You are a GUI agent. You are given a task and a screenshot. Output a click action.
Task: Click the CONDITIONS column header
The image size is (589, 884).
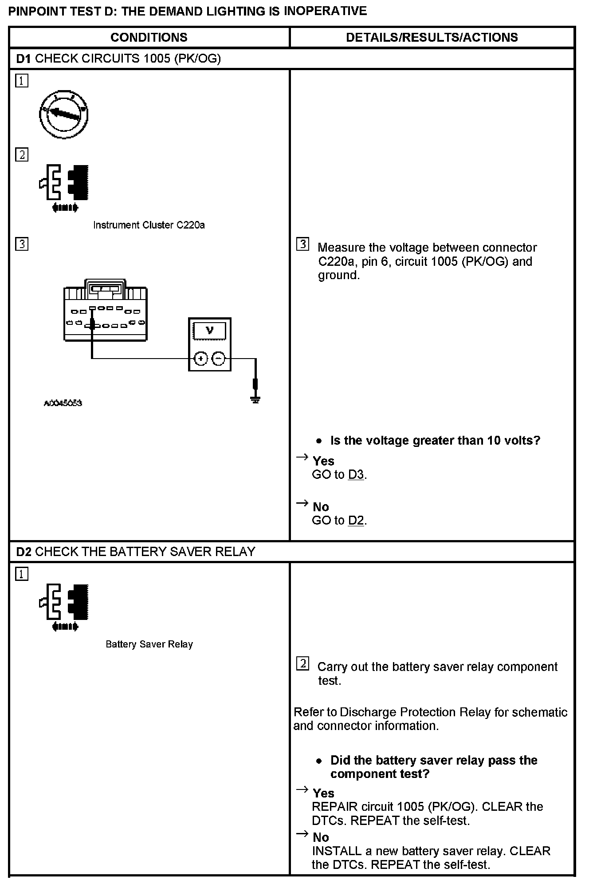[149, 37]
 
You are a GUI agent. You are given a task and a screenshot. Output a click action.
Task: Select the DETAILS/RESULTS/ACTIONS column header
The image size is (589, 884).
[432, 37]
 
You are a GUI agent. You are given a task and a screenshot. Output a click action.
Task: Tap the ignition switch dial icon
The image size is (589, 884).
[64, 114]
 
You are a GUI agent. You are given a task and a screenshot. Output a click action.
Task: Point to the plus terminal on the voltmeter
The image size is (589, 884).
[201, 359]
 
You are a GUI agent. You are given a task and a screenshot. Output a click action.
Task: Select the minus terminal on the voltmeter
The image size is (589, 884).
[218, 359]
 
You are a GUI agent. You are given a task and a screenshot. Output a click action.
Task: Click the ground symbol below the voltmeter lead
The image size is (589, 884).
[255, 399]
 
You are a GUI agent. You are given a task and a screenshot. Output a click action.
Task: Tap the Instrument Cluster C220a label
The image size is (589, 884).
[149, 225]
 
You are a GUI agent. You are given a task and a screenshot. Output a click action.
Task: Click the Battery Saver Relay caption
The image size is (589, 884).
[149, 644]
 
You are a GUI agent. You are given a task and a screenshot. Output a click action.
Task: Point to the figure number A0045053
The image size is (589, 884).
[63, 403]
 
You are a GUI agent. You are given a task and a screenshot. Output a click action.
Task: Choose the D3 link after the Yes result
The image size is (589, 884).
[356, 475]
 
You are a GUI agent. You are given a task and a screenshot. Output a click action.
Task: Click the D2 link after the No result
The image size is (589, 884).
[356, 521]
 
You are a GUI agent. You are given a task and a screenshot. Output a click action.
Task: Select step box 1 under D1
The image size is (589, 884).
[22, 81]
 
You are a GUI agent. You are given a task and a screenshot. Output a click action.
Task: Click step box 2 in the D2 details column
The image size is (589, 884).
[302, 664]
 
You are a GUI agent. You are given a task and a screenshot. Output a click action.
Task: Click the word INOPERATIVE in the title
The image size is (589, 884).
[325, 11]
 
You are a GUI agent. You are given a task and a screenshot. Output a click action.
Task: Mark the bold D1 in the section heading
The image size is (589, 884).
[24, 59]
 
